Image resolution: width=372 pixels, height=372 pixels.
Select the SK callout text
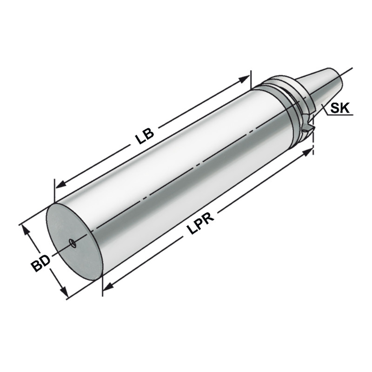[x=339, y=109]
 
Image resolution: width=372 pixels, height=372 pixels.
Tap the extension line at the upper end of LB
[x=251, y=79]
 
